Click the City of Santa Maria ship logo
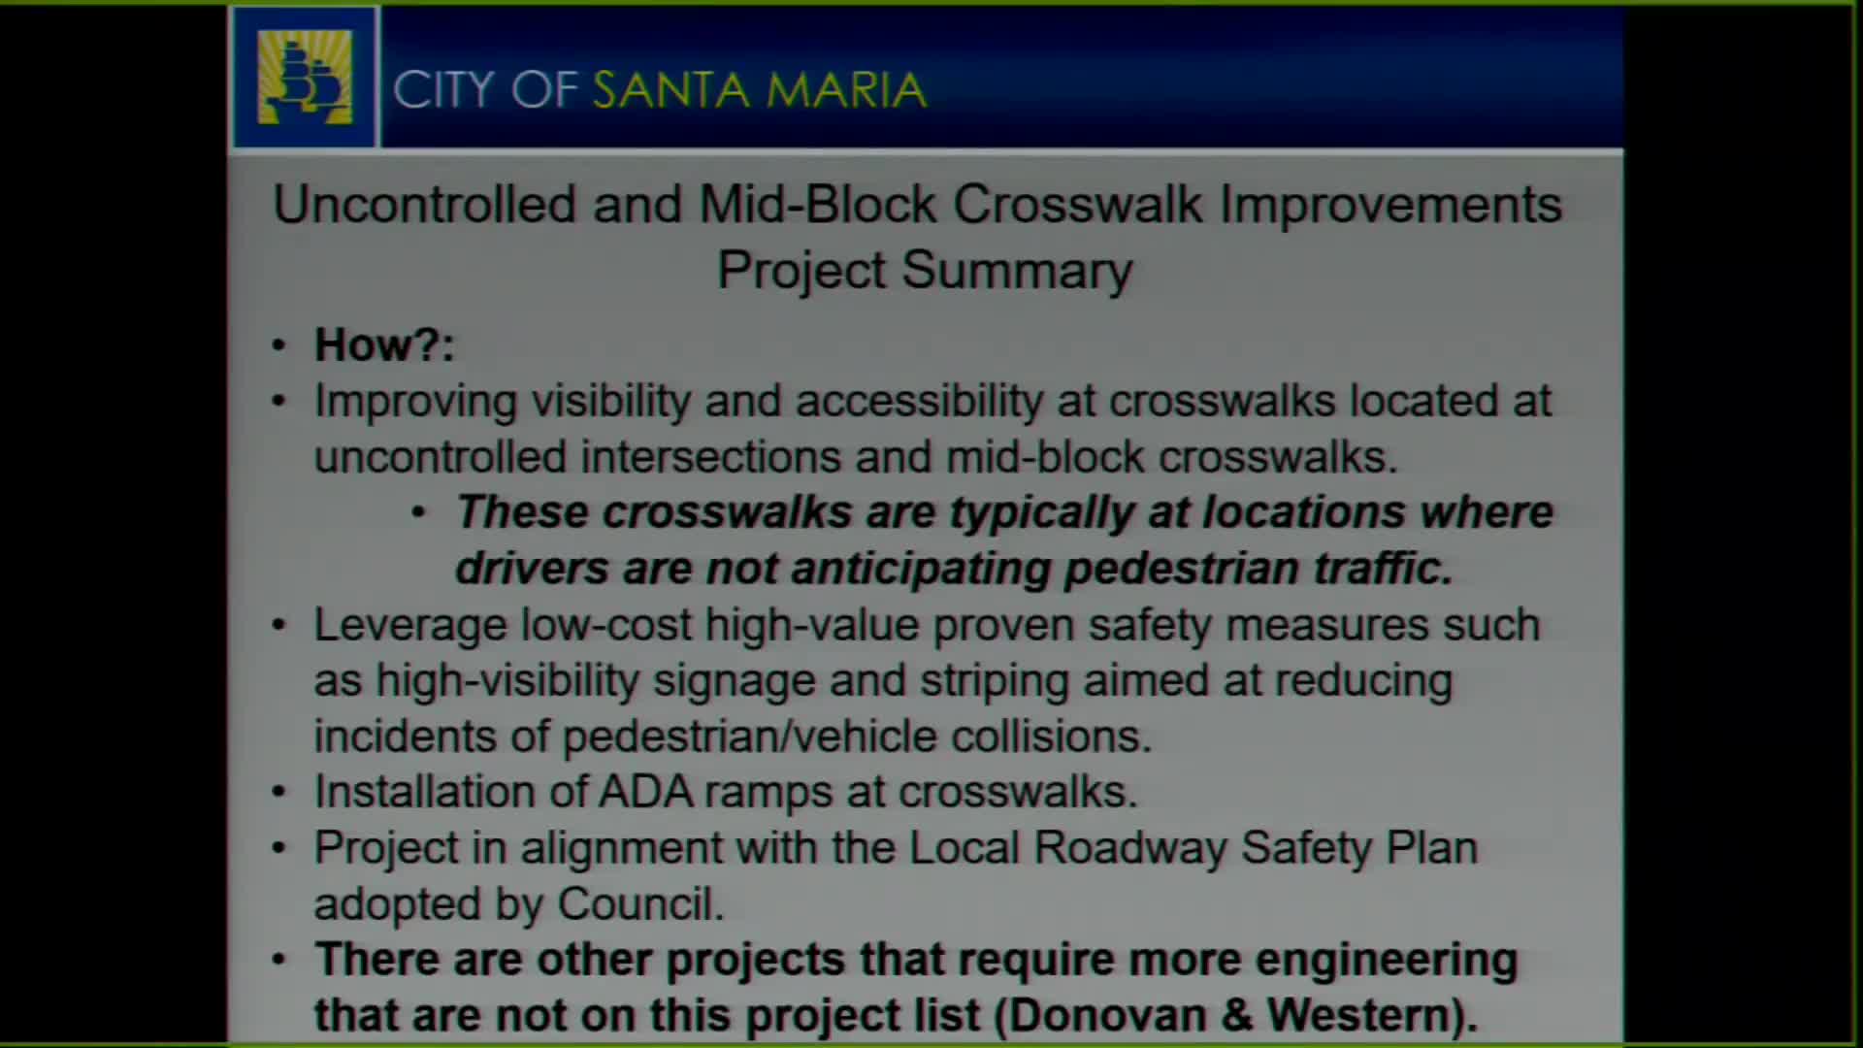[x=305, y=79]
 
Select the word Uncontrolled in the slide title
[x=425, y=206]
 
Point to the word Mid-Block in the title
[x=817, y=206]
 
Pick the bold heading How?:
[x=384, y=345]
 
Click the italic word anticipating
[x=921, y=570]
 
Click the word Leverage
[x=409, y=626]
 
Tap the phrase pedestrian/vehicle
[x=749, y=737]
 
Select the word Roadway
[x=1130, y=848]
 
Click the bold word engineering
[x=1386, y=961]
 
